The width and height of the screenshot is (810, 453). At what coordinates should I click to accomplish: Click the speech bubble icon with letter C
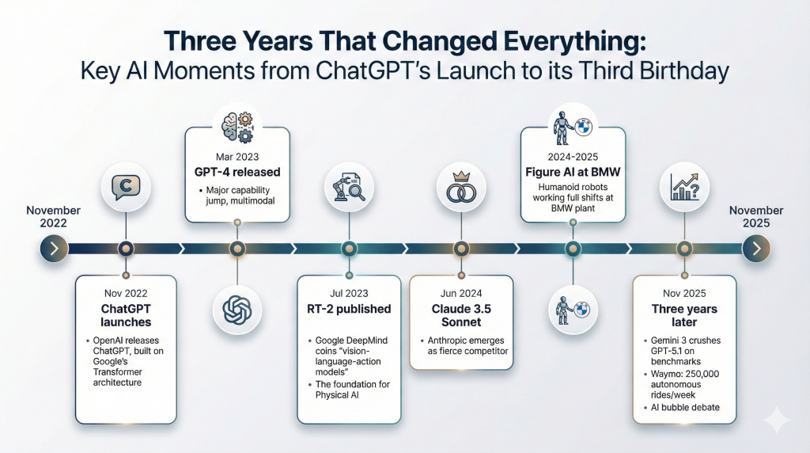tap(126, 187)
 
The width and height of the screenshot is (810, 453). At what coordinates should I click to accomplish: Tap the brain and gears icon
tap(237, 127)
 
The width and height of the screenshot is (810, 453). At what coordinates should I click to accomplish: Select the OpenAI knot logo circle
tap(237, 310)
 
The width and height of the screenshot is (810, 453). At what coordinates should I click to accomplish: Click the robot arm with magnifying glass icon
tap(349, 187)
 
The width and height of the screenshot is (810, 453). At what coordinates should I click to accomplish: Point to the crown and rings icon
tap(461, 187)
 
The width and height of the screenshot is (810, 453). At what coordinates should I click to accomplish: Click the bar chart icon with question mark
tap(684, 187)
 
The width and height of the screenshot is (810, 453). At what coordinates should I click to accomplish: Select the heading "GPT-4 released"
tap(237, 172)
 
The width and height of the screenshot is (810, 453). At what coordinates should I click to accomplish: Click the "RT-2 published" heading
tap(349, 309)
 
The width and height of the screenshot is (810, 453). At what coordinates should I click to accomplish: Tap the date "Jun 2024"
tap(461, 293)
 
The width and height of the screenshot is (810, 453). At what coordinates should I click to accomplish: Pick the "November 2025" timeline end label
tap(756, 217)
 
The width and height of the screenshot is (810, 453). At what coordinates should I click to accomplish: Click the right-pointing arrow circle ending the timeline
tap(756, 249)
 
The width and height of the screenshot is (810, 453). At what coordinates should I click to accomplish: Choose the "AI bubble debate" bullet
tap(682, 408)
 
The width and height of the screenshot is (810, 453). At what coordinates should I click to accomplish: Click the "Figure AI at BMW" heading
tap(573, 172)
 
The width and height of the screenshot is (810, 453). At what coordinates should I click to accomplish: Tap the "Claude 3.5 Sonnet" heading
tap(461, 315)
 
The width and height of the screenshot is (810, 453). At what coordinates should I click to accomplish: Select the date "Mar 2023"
tap(237, 157)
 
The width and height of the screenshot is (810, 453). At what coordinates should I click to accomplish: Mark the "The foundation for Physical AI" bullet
tap(349, 390)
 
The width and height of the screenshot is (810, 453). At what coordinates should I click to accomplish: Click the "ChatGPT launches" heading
tap(126, 315)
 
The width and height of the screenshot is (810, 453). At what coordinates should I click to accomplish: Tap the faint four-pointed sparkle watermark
tap(776, 420)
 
